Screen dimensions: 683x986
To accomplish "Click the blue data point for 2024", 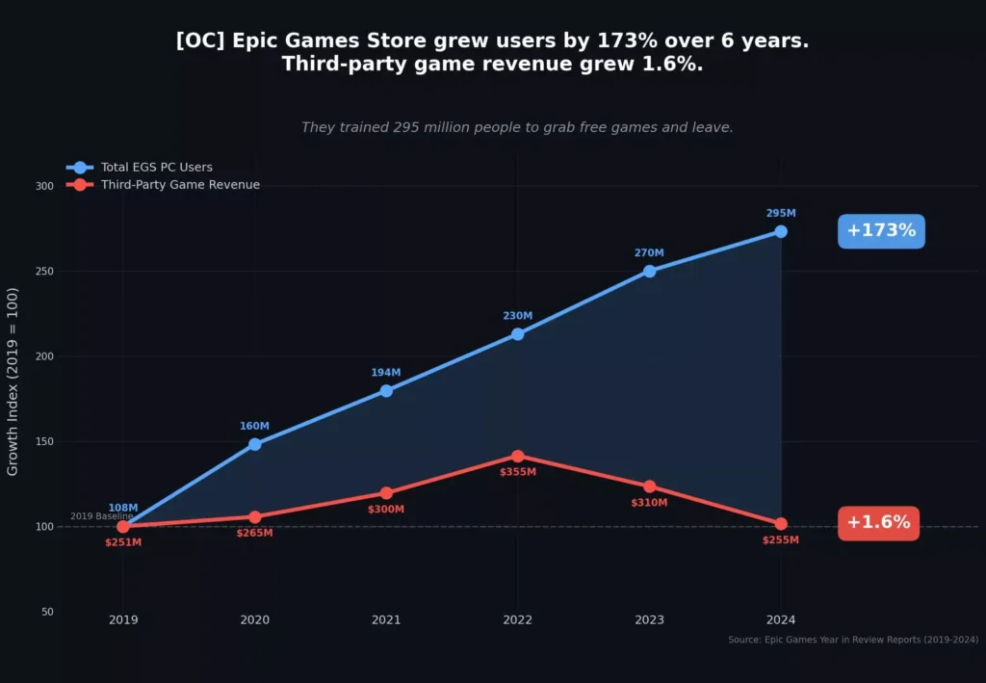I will coord(781,231).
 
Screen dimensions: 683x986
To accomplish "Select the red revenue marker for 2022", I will coord(518,456).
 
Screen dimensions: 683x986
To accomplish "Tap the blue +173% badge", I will coord(881,231).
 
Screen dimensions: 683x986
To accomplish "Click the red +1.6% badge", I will coord(878,523).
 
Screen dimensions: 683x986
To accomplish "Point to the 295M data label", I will coord(781,213).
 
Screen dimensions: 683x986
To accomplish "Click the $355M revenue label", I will coord(518,472).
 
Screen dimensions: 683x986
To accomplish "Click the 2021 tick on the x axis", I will coord(386,620).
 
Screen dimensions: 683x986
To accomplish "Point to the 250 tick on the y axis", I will coord(42,272).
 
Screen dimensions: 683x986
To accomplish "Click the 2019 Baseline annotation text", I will coord(101,516).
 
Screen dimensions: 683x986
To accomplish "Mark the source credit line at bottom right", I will coord(853,640).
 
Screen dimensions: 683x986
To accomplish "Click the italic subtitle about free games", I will coord(517,127).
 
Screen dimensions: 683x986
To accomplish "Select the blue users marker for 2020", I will coord(255,444).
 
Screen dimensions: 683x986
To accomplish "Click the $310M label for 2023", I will coord(649,503).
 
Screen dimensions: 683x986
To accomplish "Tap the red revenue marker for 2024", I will coord(781,524).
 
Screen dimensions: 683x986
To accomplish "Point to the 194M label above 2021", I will coord(386,373).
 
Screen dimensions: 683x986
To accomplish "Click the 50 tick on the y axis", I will coord(45,612).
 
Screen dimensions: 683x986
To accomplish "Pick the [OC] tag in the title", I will coord(201,41).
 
